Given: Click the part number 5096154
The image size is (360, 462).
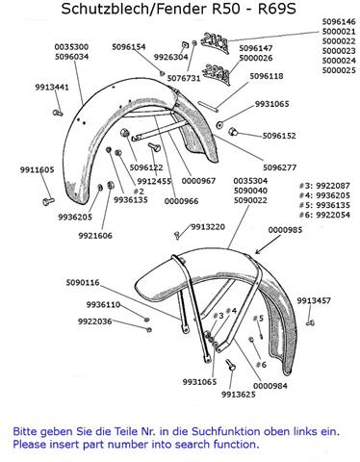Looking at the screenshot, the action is [x=129, y=47].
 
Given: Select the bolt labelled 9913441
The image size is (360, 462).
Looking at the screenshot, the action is [x=58, y=113].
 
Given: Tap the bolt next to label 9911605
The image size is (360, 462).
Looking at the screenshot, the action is [x=48, y=201].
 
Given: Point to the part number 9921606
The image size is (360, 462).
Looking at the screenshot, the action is [x=95, y=236].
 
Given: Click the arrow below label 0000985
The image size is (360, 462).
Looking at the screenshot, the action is [x=267, y=245].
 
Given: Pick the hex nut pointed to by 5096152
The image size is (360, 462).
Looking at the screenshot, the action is [x=232, y=131].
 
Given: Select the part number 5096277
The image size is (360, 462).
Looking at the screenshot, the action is [x=279, y=167].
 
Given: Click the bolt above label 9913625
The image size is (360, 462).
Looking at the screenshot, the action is [x=230, y=365].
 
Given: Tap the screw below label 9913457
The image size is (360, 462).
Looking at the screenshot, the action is [x=310, y=322].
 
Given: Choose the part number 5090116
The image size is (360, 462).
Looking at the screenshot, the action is [x=83, y=283].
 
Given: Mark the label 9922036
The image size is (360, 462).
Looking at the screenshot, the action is [x=95, y=321].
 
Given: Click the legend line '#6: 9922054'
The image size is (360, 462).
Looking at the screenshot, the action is [x=324, y=215].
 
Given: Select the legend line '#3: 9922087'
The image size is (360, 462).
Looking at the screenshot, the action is [x=324, y=186].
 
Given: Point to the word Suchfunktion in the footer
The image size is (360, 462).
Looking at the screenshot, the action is [x=226, y=431].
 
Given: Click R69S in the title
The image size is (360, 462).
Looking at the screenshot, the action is [x=277, y=9].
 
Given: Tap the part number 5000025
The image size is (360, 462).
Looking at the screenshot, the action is [x=339, y=70].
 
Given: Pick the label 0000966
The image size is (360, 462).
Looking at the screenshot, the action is [x=181, y=201].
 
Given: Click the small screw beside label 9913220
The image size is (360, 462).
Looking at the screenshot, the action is [x=176, y=235].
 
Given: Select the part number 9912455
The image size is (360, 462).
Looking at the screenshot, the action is [x=154, y=181].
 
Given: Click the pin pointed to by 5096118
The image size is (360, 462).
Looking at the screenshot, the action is [x=208, y=107].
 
